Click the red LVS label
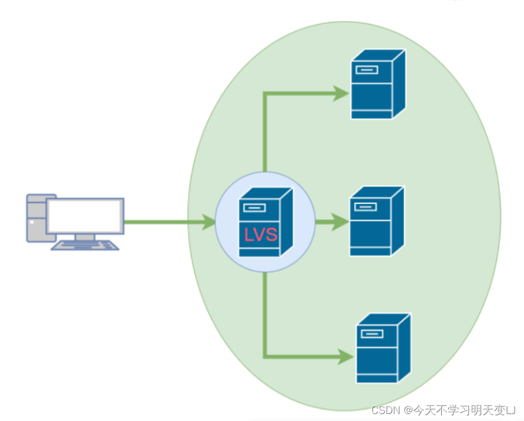click(260, 235)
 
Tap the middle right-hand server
click(376, 222)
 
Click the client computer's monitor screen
click(86, 215)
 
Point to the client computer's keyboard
click(85, 245)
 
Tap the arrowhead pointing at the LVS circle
click(208, 222)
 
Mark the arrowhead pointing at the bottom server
click(345, 356)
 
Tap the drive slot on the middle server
click(366, 206)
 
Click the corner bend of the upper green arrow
click(265, 93)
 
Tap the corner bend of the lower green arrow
click(265, 356)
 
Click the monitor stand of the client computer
click(85, 237)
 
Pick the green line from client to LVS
click(162, 222)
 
